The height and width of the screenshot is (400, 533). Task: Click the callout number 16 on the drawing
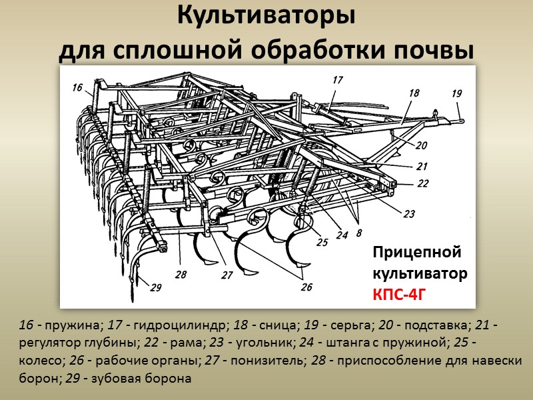coord(77,87)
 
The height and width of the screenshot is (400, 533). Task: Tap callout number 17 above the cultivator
coord(337,79)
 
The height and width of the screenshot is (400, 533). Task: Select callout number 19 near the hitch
coord(456,93)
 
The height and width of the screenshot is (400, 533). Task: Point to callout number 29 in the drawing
coord(156,288)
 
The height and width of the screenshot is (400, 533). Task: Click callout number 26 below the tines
coord(306,287)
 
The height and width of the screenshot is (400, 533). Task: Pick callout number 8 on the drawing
coord(359,233)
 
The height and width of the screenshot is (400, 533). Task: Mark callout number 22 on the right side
coord(423,183)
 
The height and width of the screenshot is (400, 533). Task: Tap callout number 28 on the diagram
coord(181,274)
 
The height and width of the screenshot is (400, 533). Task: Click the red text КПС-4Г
coord(398,293)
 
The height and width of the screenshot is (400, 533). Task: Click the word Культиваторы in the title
coord(266,15)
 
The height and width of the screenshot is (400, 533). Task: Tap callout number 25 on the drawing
coord(322,243)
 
